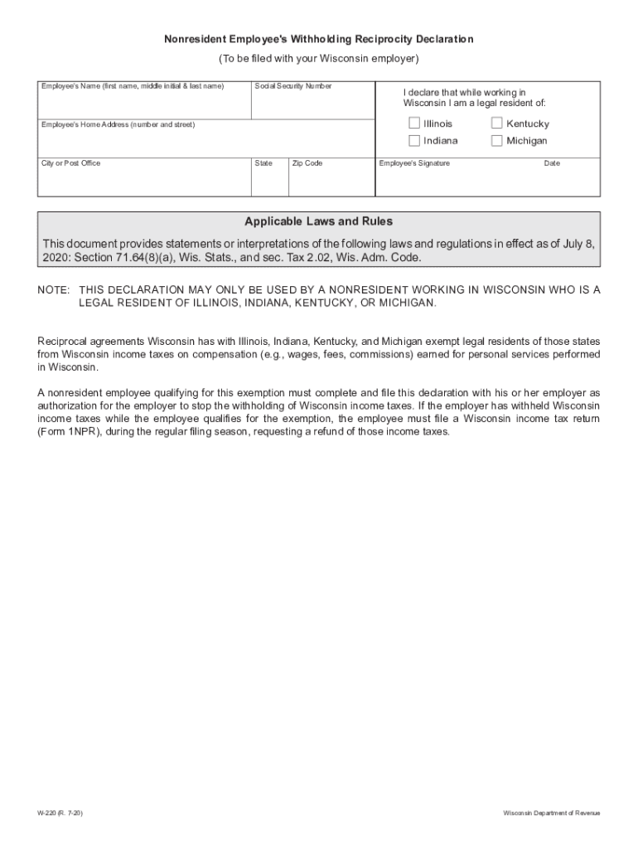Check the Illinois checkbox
coord(414,124)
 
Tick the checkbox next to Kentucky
coord(497,124)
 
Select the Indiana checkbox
coord(414,140)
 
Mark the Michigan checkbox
coord(497,140)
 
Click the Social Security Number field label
coord(293,86)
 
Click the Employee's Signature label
coord(414,163)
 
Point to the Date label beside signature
coord(552,163)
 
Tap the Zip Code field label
coord(307,163)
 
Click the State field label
coord(263,163)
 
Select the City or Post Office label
coord(71,163)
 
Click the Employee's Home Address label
coord(118,124)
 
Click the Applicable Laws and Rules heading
coord(318,221)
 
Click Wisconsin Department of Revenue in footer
coord(552,813)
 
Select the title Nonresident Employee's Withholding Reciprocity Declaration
coord(318,39)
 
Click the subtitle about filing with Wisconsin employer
coord(318,59)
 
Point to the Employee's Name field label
coord(133,86)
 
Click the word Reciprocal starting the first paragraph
coord(63,341)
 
